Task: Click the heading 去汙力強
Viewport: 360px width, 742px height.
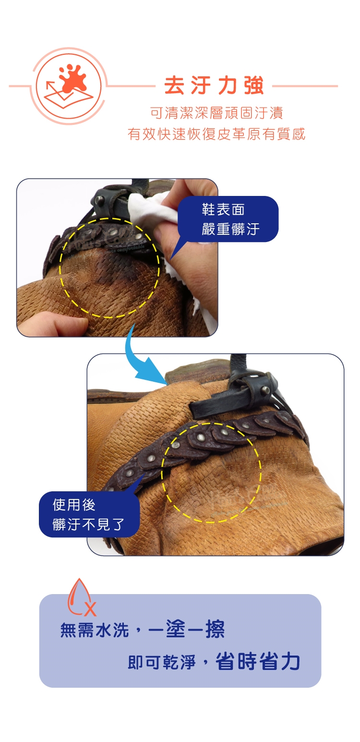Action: [x=214, y=86]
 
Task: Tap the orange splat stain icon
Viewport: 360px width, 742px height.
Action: [x=73, y=78]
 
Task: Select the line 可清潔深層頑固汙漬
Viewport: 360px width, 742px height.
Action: [x=216, y=113]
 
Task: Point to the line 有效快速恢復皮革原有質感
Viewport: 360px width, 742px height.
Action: [x=216, y=134]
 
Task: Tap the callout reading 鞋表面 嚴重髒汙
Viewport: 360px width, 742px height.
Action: [x=228, y=219]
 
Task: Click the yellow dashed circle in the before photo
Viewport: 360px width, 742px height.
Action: [x=60, y=268]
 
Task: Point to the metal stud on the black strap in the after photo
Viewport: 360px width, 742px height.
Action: [x=265, y=390]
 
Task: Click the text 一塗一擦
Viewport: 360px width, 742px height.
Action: [x=186, y=629]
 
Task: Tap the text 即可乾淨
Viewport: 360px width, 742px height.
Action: [x=162, y=662]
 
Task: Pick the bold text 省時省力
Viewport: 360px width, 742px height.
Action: [x=258, y=661]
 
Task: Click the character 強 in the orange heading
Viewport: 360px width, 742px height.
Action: [x=254, y=86]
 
